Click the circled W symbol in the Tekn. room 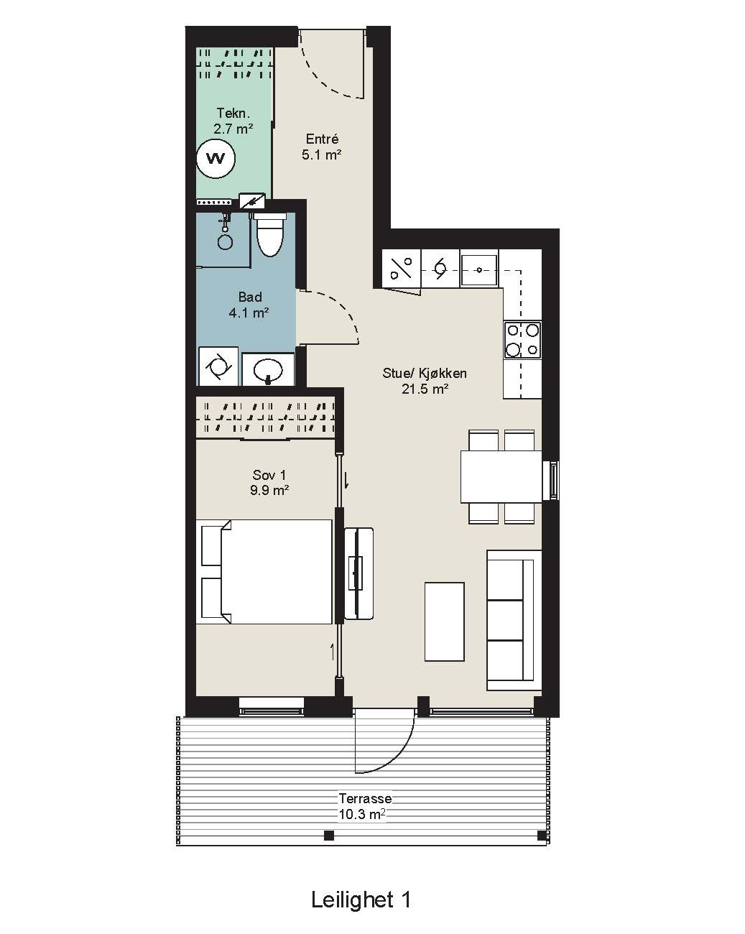click(216, 158)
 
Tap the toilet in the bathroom click(269, 234)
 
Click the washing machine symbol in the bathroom click(218, 366)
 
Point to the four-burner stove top click(523, 340)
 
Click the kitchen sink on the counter click(479, 269)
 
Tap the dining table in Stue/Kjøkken click(501, 476)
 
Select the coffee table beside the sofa click(445, 622)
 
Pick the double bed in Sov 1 click(267, 572)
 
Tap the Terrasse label click(366, 798)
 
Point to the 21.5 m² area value click(425, 389)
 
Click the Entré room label click(322, 139)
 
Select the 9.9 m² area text click(269, 491)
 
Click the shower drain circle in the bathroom click(225, 241)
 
